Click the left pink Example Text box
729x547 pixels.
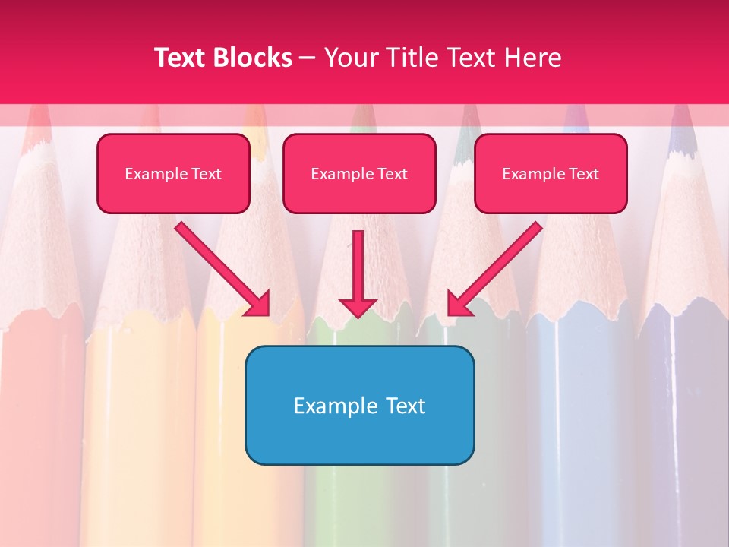(173, 174)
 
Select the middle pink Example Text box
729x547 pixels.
(359, 174)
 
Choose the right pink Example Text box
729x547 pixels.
(551, 174)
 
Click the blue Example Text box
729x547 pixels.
(359, 405)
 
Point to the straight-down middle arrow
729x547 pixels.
(358, 270)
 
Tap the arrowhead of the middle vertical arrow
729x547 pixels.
(358, 307)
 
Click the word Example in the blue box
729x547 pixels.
(330, 406)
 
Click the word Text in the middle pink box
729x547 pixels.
(392, 174)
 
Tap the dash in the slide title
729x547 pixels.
(308, 58)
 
